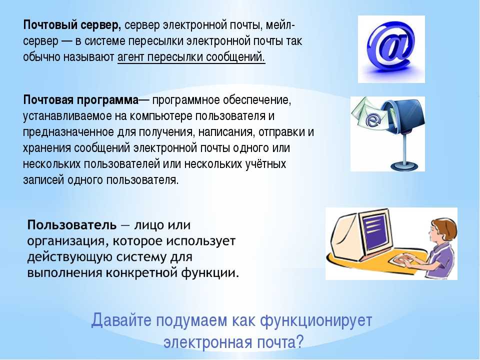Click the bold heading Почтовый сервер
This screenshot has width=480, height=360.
coord(72,25)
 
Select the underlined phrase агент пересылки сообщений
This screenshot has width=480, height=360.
coord(191,57)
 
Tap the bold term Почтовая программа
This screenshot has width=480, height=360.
coord(81,100)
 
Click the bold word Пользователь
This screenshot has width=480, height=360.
coord(72,225)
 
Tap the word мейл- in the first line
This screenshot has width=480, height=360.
coord(280,25)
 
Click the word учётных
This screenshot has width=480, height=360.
coord(265,164)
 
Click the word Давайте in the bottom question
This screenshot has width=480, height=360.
coord(121,320)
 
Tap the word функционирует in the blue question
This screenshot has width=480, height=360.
coord(316,321)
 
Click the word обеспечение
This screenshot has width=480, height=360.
coord(255,100)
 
